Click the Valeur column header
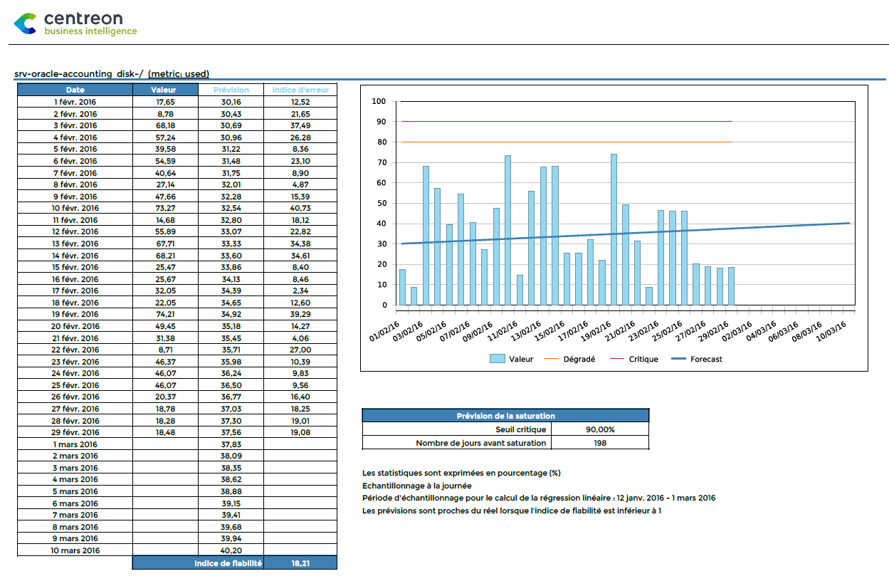click(x=164, y=90)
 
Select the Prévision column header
click(x=231, y=90)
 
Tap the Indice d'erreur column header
click(x=300, y=90)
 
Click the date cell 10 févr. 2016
click(x=75, y=208)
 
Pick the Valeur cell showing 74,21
click(x=165, y=314)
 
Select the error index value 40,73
click(x=300, y=208)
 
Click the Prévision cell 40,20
click(x=231, y=550)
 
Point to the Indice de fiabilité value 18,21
click(x=300, y=563)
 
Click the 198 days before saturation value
click(x=600, y=443)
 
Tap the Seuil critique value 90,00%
click(x=600, y=429)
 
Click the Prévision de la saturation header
click(x=505, y=416)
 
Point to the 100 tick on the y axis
click(x=379, y=102)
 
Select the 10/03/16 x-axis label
click(x=831, y=331)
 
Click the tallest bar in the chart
click(x=614, y=229)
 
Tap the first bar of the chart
click(x=402, y=287)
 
